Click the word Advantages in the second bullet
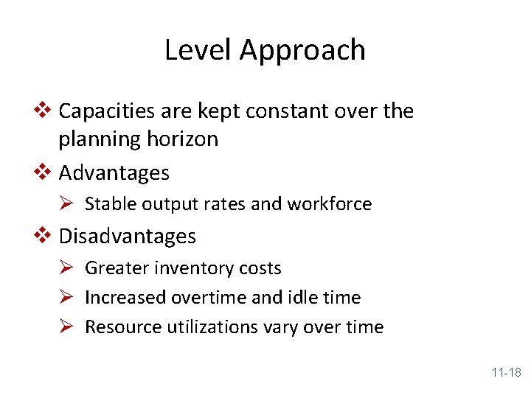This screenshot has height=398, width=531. click(114, 173)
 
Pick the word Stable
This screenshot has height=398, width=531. click(108, 204)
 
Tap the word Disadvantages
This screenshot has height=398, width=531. click(127, 237)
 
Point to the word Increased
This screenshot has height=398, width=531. click(125, 298)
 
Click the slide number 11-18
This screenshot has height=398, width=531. click(506, 373)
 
